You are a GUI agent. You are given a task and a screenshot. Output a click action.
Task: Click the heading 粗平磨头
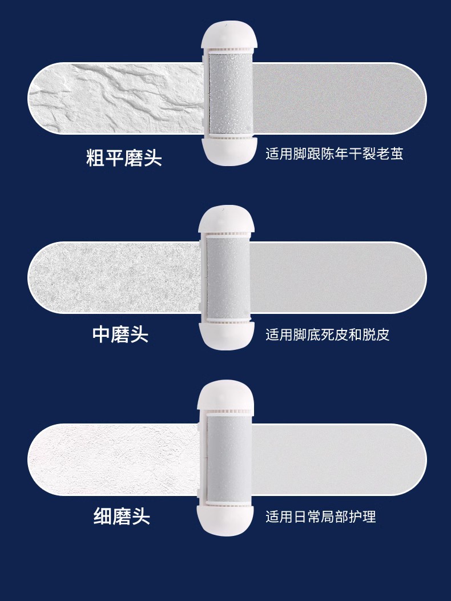[124, 158]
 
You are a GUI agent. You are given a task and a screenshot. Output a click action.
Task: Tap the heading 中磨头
[120, 334]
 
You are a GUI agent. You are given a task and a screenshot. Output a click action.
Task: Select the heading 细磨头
[122, 517]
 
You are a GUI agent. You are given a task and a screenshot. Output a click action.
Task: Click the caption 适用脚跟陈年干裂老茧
[334, 154]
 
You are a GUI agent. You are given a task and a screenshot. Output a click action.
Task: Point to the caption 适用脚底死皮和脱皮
[327, 334]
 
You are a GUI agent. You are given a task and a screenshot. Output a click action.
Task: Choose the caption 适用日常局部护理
[320, 517]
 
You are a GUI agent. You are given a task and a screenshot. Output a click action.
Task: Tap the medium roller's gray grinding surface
[228, 277]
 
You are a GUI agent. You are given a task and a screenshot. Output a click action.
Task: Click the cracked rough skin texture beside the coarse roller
[114, 98]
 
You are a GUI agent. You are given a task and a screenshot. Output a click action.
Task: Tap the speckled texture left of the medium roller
[114, 278]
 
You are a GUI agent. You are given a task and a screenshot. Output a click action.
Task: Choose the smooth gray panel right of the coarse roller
[337, 98]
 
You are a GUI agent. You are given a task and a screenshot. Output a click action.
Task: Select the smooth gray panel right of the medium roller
[337, 278]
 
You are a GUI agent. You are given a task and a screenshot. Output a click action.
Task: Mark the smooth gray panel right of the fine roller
[337, 460]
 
